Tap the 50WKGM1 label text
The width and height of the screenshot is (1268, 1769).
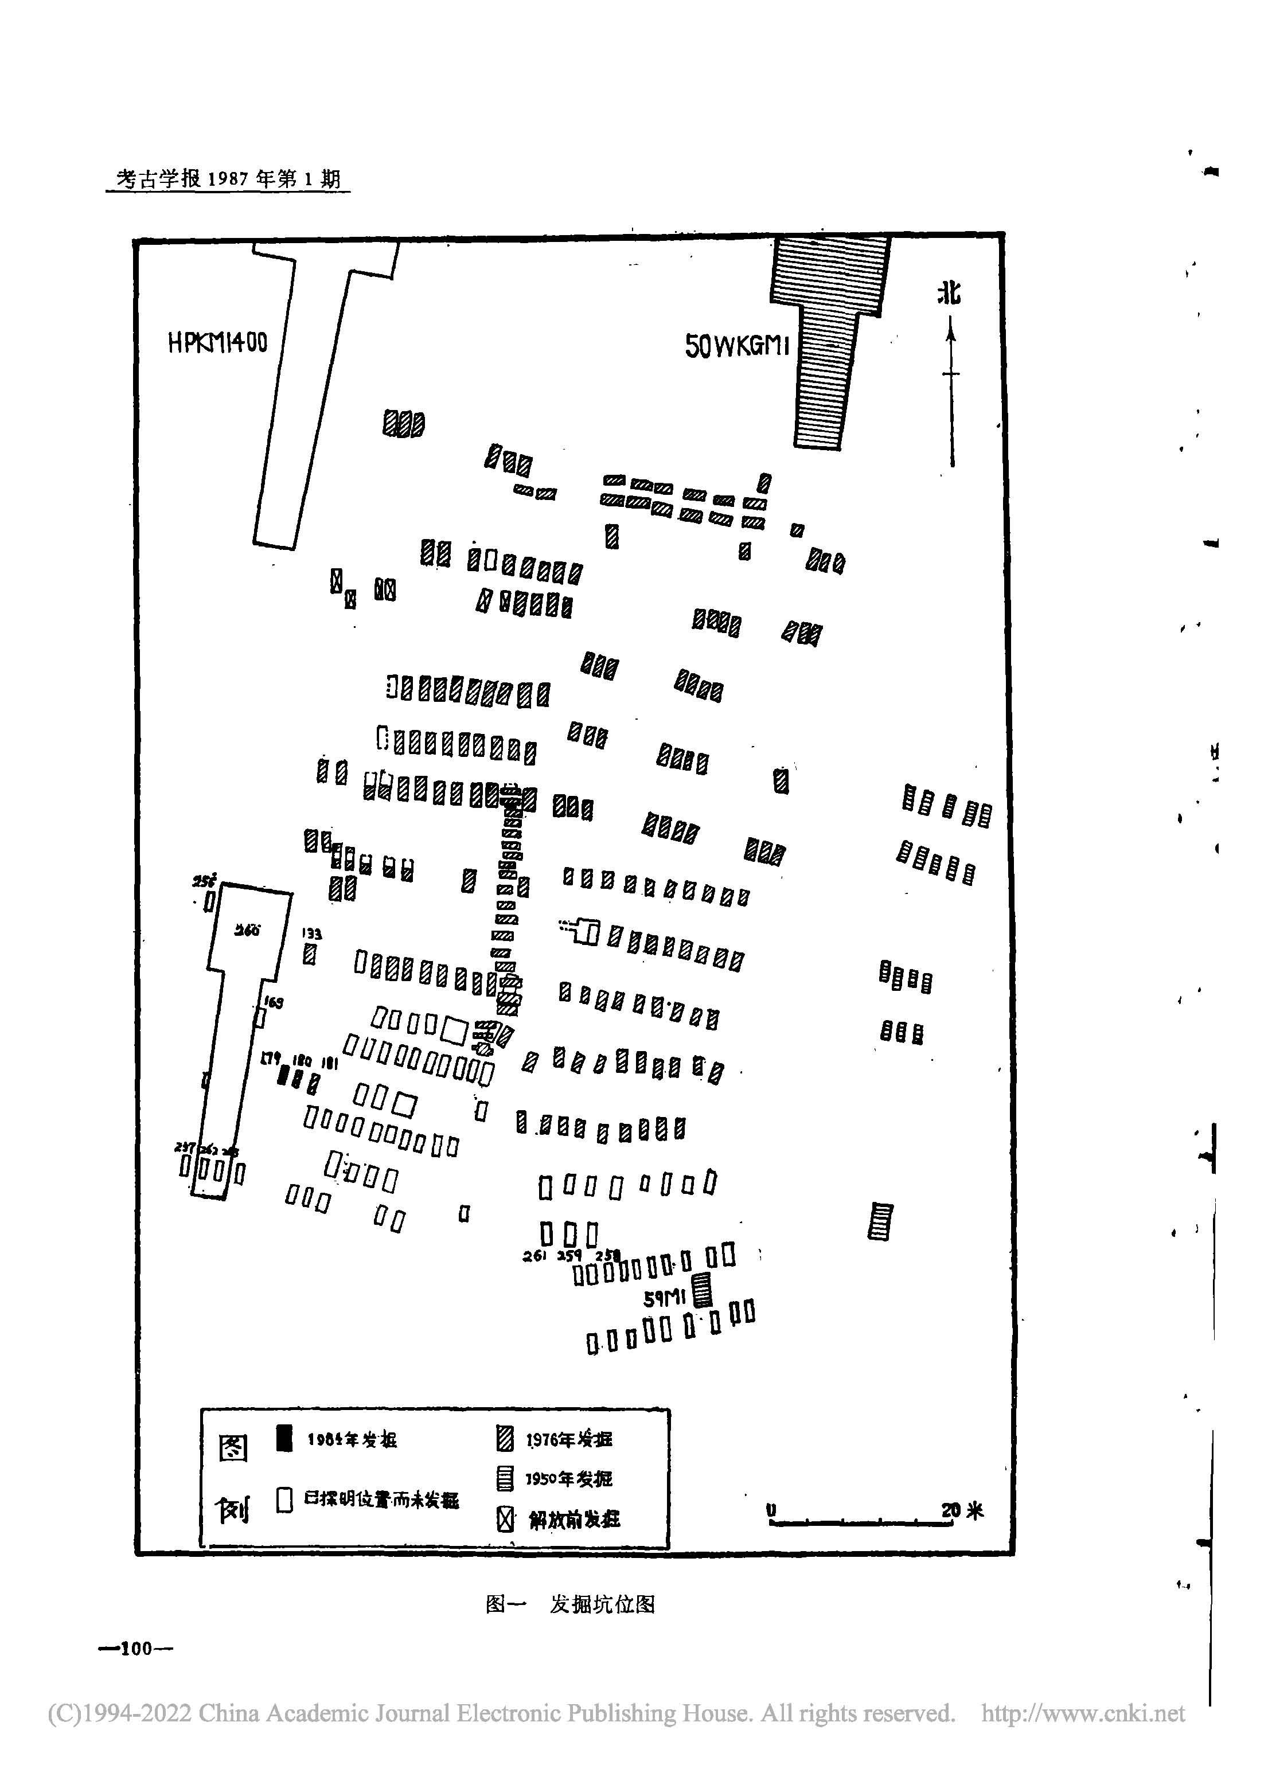tap(736, 346)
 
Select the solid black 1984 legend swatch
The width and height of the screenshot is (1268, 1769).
tap(285, 1438)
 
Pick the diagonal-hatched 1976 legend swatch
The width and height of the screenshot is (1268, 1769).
tap(505, 1438)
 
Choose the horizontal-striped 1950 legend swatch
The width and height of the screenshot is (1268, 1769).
tap(505, 1478)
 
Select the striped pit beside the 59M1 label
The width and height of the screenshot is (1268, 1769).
tap(703, 1291)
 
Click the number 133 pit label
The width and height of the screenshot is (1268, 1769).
tap(311, 933)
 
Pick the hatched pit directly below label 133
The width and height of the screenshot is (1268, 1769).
tap(310, 955)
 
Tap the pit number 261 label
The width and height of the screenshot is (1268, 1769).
tap(534, 1256)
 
